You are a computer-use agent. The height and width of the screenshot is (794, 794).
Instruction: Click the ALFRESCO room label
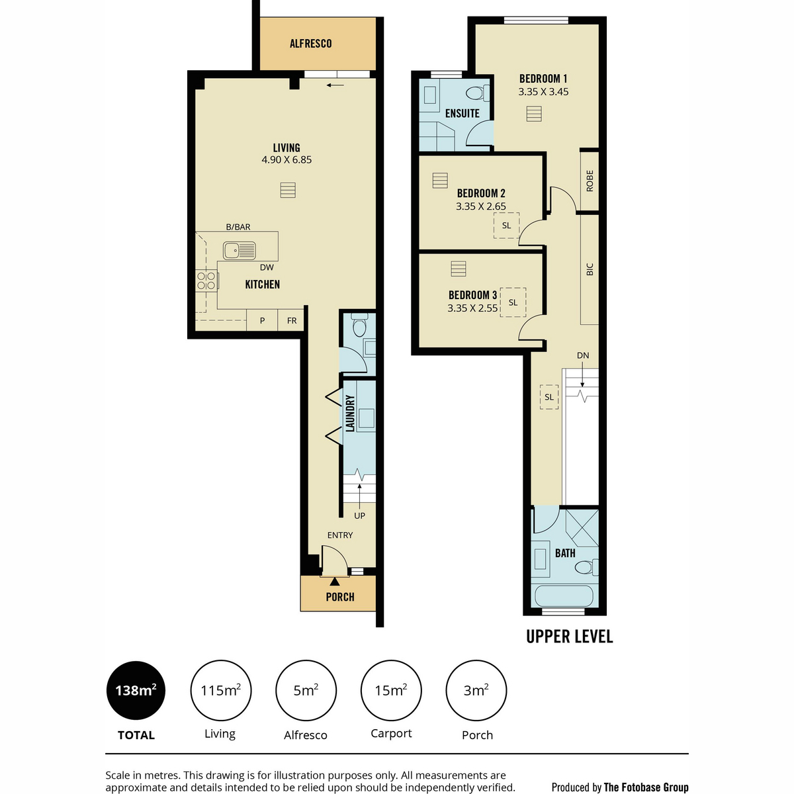[x=310, y=43]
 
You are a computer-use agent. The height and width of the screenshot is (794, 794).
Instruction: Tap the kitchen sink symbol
[x=239, y=251]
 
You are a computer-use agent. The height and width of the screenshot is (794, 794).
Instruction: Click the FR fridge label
[x=292, y=320]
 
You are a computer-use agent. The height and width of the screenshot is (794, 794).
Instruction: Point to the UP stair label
[x=359, y=516]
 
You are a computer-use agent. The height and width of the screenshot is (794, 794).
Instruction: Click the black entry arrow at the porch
[x=335, y=582]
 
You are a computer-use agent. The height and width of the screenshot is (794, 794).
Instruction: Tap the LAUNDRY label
[x=350, y=414]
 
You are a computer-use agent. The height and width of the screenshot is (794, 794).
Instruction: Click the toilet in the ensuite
[x=478, y=93]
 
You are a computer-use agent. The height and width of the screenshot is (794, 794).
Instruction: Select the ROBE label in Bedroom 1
[x=590, y=181]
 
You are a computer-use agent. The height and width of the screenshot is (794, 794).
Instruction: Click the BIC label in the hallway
[x=590, y=269]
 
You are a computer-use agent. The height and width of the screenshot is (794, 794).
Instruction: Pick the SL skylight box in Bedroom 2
[x=506, y=226]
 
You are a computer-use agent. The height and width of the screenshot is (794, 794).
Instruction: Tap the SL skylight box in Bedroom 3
[x=513, y=302]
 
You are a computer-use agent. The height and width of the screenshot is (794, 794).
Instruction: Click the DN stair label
[x=583, y=355]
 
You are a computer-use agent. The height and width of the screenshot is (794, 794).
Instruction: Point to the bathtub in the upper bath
[x=564, y=596]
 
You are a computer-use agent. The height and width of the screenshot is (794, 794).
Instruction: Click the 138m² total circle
[x=136, y=691]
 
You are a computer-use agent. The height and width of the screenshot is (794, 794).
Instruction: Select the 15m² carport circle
[x=391, y=691]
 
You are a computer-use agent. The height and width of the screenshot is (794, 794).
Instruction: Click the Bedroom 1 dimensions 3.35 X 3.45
[x=543, y=92]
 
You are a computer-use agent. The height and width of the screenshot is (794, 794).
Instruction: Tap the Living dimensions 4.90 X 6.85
[x=287, y=160]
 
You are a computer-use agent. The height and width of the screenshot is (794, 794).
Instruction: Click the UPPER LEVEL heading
[x=570, y=637]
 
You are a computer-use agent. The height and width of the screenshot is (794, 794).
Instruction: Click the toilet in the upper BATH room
[x=587, y=567]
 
